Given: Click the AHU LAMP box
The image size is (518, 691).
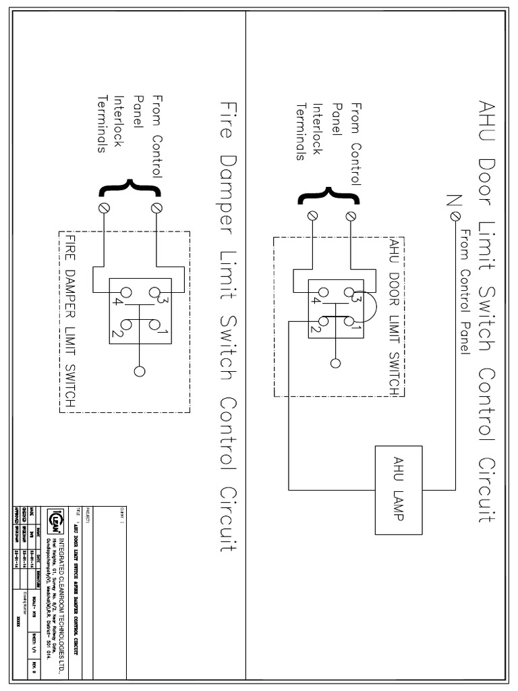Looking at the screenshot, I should click(398, 490).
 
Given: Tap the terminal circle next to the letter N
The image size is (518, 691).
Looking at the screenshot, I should click(456, 215).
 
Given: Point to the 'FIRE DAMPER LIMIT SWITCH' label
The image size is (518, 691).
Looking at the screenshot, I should click(69, 321).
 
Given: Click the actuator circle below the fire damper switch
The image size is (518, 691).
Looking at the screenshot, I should click(140, 371).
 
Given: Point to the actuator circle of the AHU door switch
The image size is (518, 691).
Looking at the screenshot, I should click(335, 364).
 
